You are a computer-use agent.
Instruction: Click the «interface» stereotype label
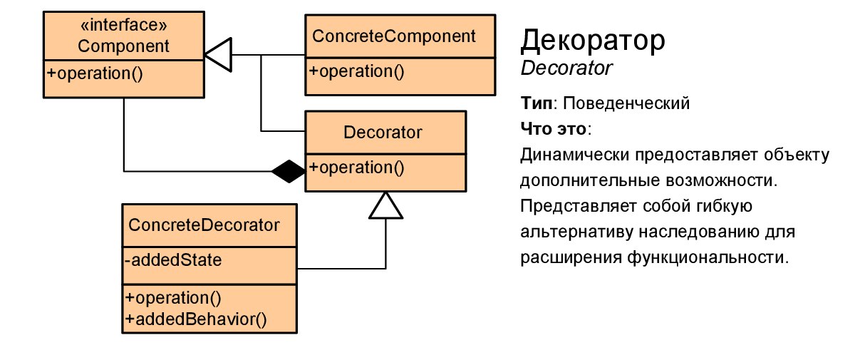pos(123,28)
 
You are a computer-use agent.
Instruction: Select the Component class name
pos(123,47)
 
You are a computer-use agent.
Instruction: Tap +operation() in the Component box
pos(95,73)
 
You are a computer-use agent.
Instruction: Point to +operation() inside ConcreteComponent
pos(356,71)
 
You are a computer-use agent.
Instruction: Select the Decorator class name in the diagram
pos(383,133)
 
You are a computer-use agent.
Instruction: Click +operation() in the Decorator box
pos(356,168)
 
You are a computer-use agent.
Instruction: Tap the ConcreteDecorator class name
pos(204,225)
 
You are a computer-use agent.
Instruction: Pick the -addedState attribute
pos(174,260)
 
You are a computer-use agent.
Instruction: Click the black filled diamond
pos(288,171)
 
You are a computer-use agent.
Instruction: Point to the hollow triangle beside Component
pos(219,54)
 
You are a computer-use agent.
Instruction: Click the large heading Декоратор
pos(594,41)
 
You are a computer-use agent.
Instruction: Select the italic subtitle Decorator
pos(566,68)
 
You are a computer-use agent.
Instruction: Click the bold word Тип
pos(537,103)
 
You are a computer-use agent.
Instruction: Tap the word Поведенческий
pos(625,103)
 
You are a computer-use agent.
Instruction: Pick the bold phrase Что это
pos(554,129)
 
